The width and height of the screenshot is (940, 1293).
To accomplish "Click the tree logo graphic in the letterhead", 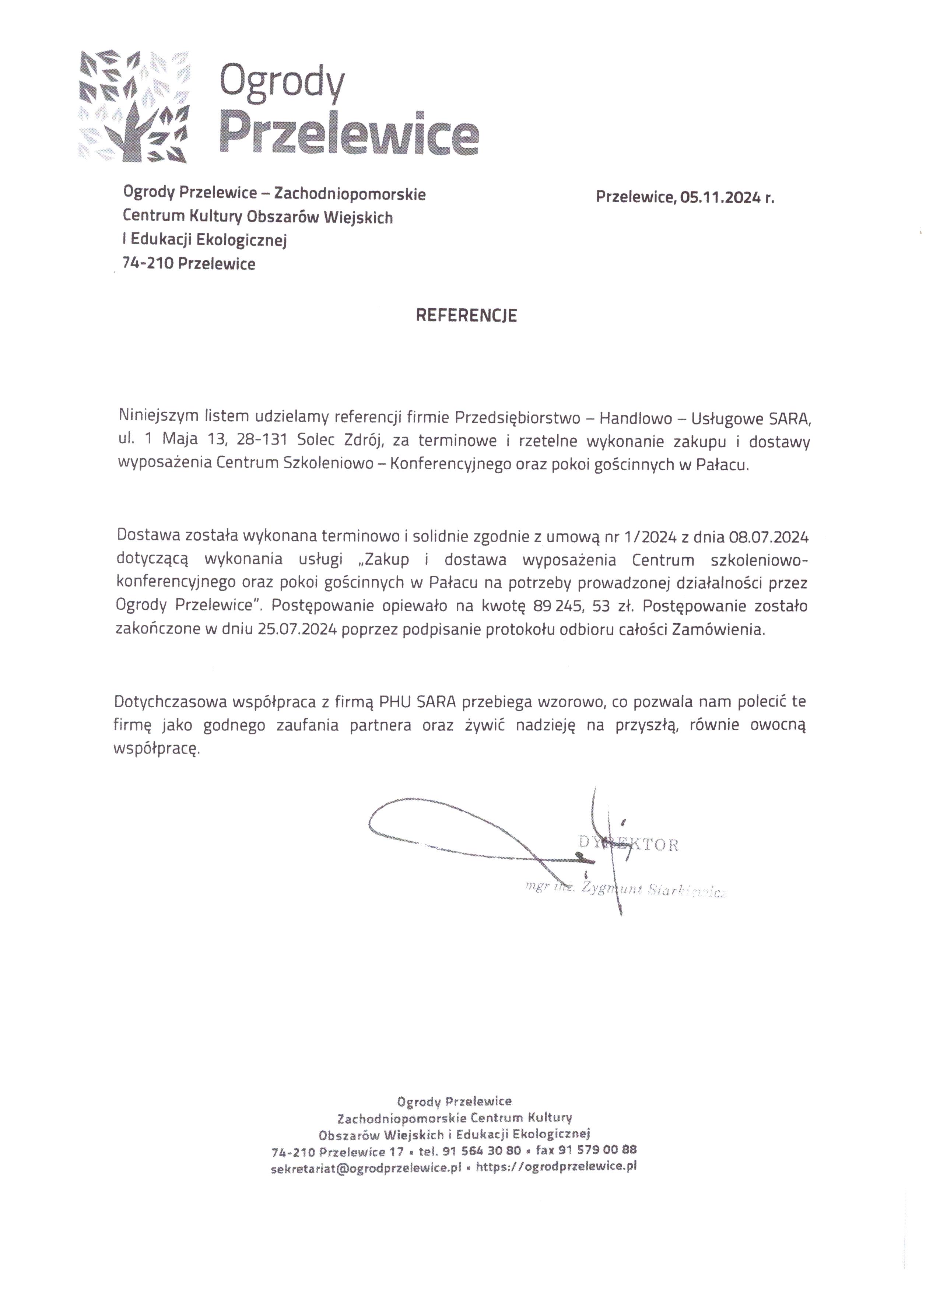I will (x=134, y=106).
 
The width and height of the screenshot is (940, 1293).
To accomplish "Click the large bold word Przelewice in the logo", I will (x=349, y=134).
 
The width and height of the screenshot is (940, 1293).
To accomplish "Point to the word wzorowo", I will (x=570, y=702).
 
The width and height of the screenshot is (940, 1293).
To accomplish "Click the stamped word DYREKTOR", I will (x=628, y=844).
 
